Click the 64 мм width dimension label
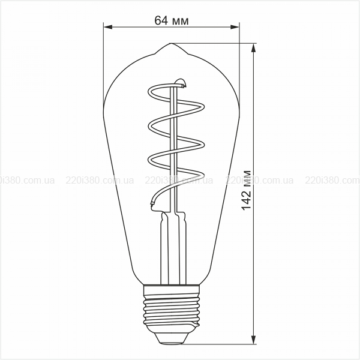[172, 20]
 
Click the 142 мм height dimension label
[247, 190]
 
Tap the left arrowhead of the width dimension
[108, 27]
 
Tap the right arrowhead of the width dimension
[235, 27]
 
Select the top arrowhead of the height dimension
[253, 48]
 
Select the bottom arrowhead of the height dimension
[253, 340]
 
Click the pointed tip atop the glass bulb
[170, 43]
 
